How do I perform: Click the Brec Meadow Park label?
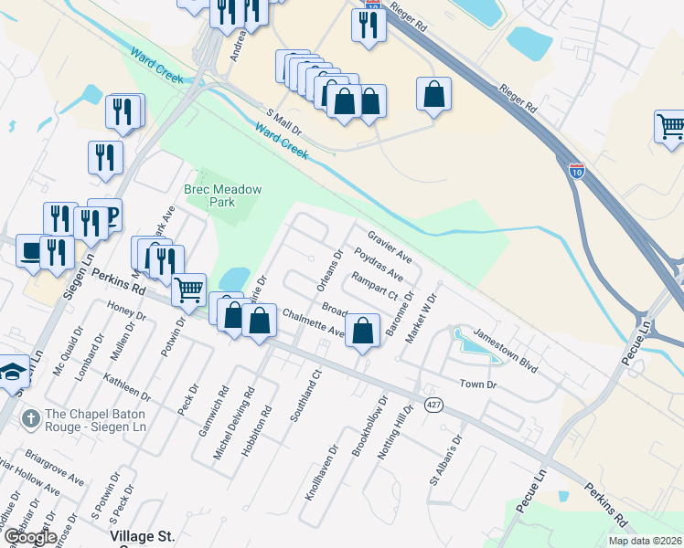click(x=222, y=195)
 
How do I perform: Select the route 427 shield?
click(x=433, y=404)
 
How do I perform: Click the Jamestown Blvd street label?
click(x=505, y=349)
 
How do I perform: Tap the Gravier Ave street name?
click(x=390, y=243)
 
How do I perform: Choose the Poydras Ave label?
click(x=378, y=262)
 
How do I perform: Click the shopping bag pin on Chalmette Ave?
click(x=363, y=332)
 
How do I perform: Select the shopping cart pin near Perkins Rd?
click(x=188, y=289)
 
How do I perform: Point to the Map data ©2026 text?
click(x=646, y=541)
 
